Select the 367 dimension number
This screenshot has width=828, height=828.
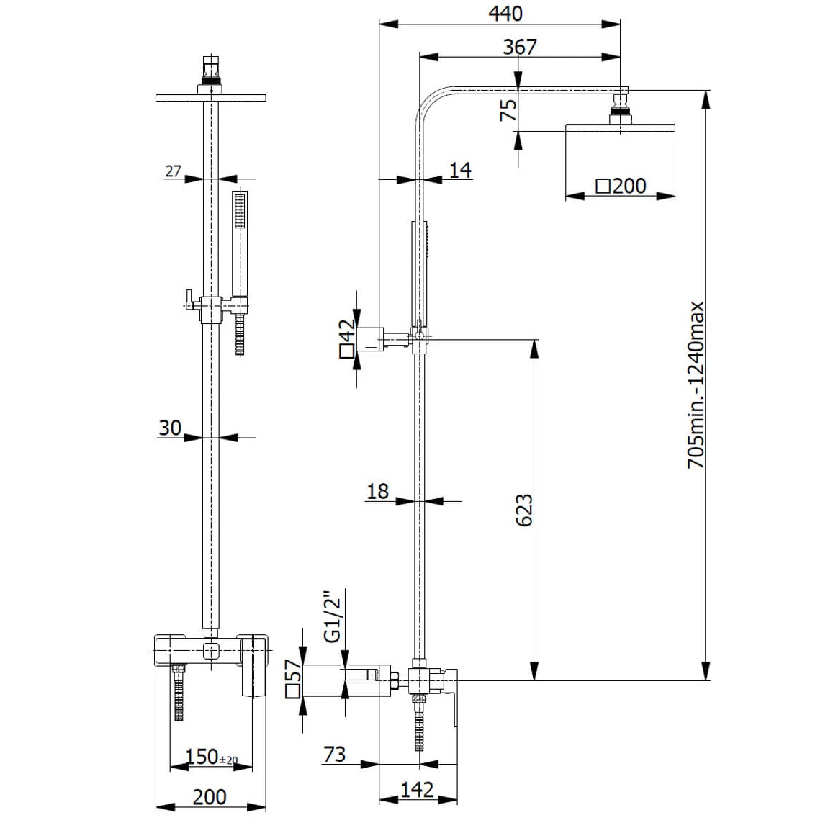(x=519, y=47)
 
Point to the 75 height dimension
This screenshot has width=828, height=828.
(x=508, y=109)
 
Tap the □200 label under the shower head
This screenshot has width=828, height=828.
(x=621, y=186)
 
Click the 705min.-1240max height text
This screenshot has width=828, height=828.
(x=696, y=385)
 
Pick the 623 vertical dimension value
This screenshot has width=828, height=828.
(x=524, y=510)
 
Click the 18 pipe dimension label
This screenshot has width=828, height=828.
(x=377, y=491)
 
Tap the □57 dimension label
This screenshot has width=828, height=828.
(x=293, y=680)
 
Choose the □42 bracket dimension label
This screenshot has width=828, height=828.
(x=347, y=339)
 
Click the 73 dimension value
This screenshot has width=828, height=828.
(x=334, y=754)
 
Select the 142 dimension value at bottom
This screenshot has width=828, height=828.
(x=417, y=789)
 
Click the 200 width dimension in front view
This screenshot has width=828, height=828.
(x=210, y=797)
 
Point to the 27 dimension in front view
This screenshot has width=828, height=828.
(x=173, y=171)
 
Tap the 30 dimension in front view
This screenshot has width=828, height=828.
(x=170, y=428)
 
